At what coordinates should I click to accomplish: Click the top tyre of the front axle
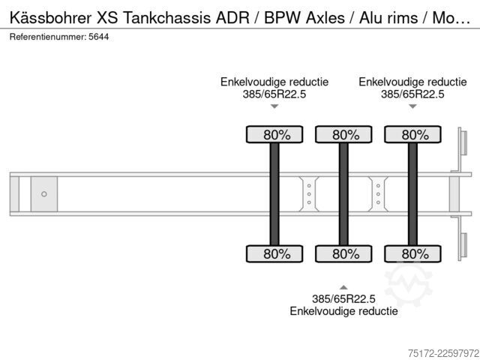pyautogui.click(x=274, y=134)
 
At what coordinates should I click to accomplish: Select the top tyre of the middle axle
pyautogui.click(x=343, y=134)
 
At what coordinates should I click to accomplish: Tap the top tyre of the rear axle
pyautogui.click(x=412, y=134)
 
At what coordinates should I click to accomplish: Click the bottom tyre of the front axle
pyautogui.click(x=274, y=253)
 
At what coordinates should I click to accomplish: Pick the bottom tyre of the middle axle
pyautogui.click(x=343, y=253)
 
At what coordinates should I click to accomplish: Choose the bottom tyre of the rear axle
pyautogui.click(x=412, y=253)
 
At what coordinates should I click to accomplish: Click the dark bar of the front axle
pyautogui.click(x=274, y=194)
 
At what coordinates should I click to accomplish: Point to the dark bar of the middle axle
pyautogui.click(x=343, y=194)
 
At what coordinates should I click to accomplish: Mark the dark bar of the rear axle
pyautogui.click(x=412, y=194)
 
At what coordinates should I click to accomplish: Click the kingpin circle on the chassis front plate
pyautogui.click(x=44, y=194)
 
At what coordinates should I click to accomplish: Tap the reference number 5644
pyautogui.click(x=98, y=37)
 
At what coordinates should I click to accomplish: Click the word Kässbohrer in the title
pyautogui.click(x=50, y=18)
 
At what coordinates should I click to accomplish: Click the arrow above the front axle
pyautogui.click(x=274, y=106)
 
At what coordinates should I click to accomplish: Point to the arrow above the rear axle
pyautogui.click(x=412, y=106)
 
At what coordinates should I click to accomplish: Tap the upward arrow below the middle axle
pyautogui.click(x=343, y=287)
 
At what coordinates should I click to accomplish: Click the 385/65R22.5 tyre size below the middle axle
pyautogui.click(x=343, y=298)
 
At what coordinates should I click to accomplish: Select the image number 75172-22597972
pyautogui.click(x=444, y=353)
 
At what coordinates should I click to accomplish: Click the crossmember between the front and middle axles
pyautogui.click(x=309, y=194)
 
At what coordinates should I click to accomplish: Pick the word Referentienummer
pyautogui.click(x=48, y=37)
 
